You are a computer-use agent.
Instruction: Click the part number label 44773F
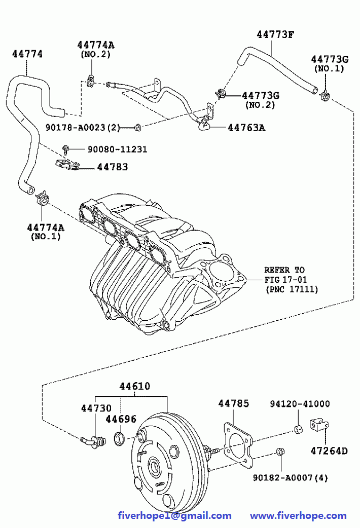click(275, 34)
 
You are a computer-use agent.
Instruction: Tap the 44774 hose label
click(27, 54)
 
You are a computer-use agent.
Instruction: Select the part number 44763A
click(246, 127)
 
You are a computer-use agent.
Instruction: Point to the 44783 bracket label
click(113, 167)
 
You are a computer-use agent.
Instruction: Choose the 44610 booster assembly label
click(134, 387)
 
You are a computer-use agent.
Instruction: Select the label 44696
click(121, 419)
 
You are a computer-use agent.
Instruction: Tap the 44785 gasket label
click(234, 403)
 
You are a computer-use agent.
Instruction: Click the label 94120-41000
click(299, 404)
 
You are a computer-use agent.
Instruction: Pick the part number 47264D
click(329, 450)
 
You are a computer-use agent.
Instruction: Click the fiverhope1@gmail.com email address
click(174, 516)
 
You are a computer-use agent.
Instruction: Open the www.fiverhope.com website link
click(298, 516)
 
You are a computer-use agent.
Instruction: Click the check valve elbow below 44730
click(92, 442)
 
